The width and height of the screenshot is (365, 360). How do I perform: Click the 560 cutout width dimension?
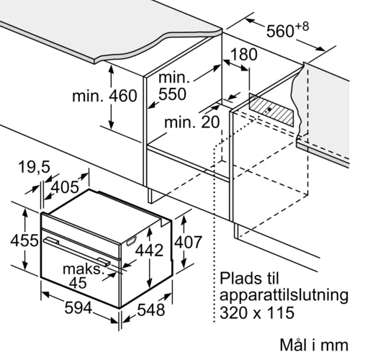pos(280,32)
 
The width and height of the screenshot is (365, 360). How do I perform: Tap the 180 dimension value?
pos(243,55)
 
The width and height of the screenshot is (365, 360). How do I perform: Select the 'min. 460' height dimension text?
pos(104,96)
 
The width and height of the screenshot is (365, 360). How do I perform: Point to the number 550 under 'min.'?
pos(172,94)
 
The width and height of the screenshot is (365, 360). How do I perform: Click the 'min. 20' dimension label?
pos(192,122)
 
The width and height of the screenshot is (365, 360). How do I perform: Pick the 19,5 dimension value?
pos(35,167)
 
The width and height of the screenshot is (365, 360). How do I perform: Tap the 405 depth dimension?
pos(66,187)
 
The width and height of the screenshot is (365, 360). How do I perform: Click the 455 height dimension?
pos(24,240)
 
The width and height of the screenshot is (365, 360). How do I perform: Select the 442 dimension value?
pos(149,251)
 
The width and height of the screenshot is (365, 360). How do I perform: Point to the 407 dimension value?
pos(188,243)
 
